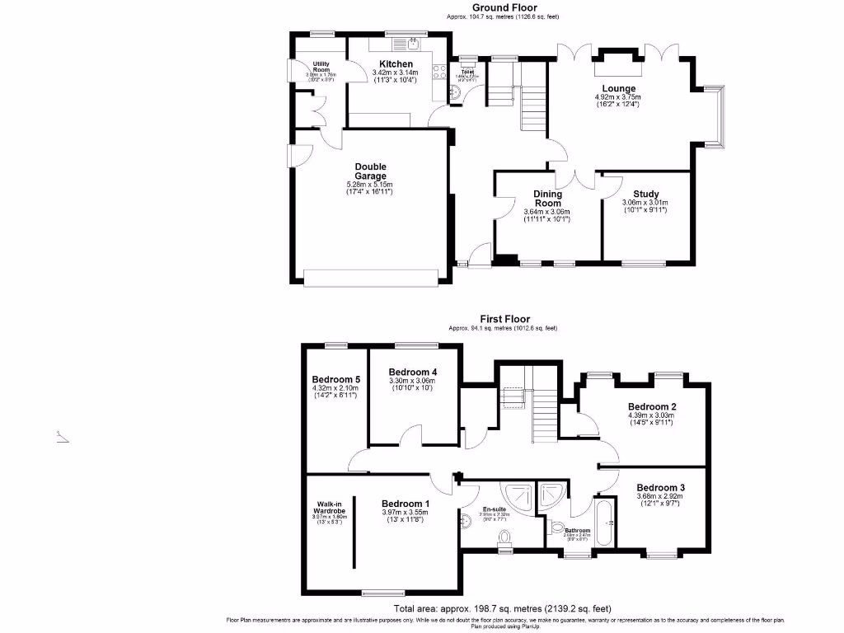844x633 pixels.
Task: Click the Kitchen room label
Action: pos(396,64)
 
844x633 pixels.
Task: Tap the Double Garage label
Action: pos(370,171)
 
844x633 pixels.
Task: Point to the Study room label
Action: pos(646,195)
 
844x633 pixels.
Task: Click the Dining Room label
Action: pos(547,199)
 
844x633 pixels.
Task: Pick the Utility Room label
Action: pos(316,66)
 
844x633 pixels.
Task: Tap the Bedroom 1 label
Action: pos(405,504)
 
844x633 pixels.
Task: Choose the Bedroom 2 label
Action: pos(651,406)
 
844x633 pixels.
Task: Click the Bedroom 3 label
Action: pos(660,487)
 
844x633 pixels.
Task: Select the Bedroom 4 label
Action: pos(412,373)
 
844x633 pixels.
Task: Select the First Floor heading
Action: pos(505,319)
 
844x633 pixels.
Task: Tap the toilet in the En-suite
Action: pos(504,539)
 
